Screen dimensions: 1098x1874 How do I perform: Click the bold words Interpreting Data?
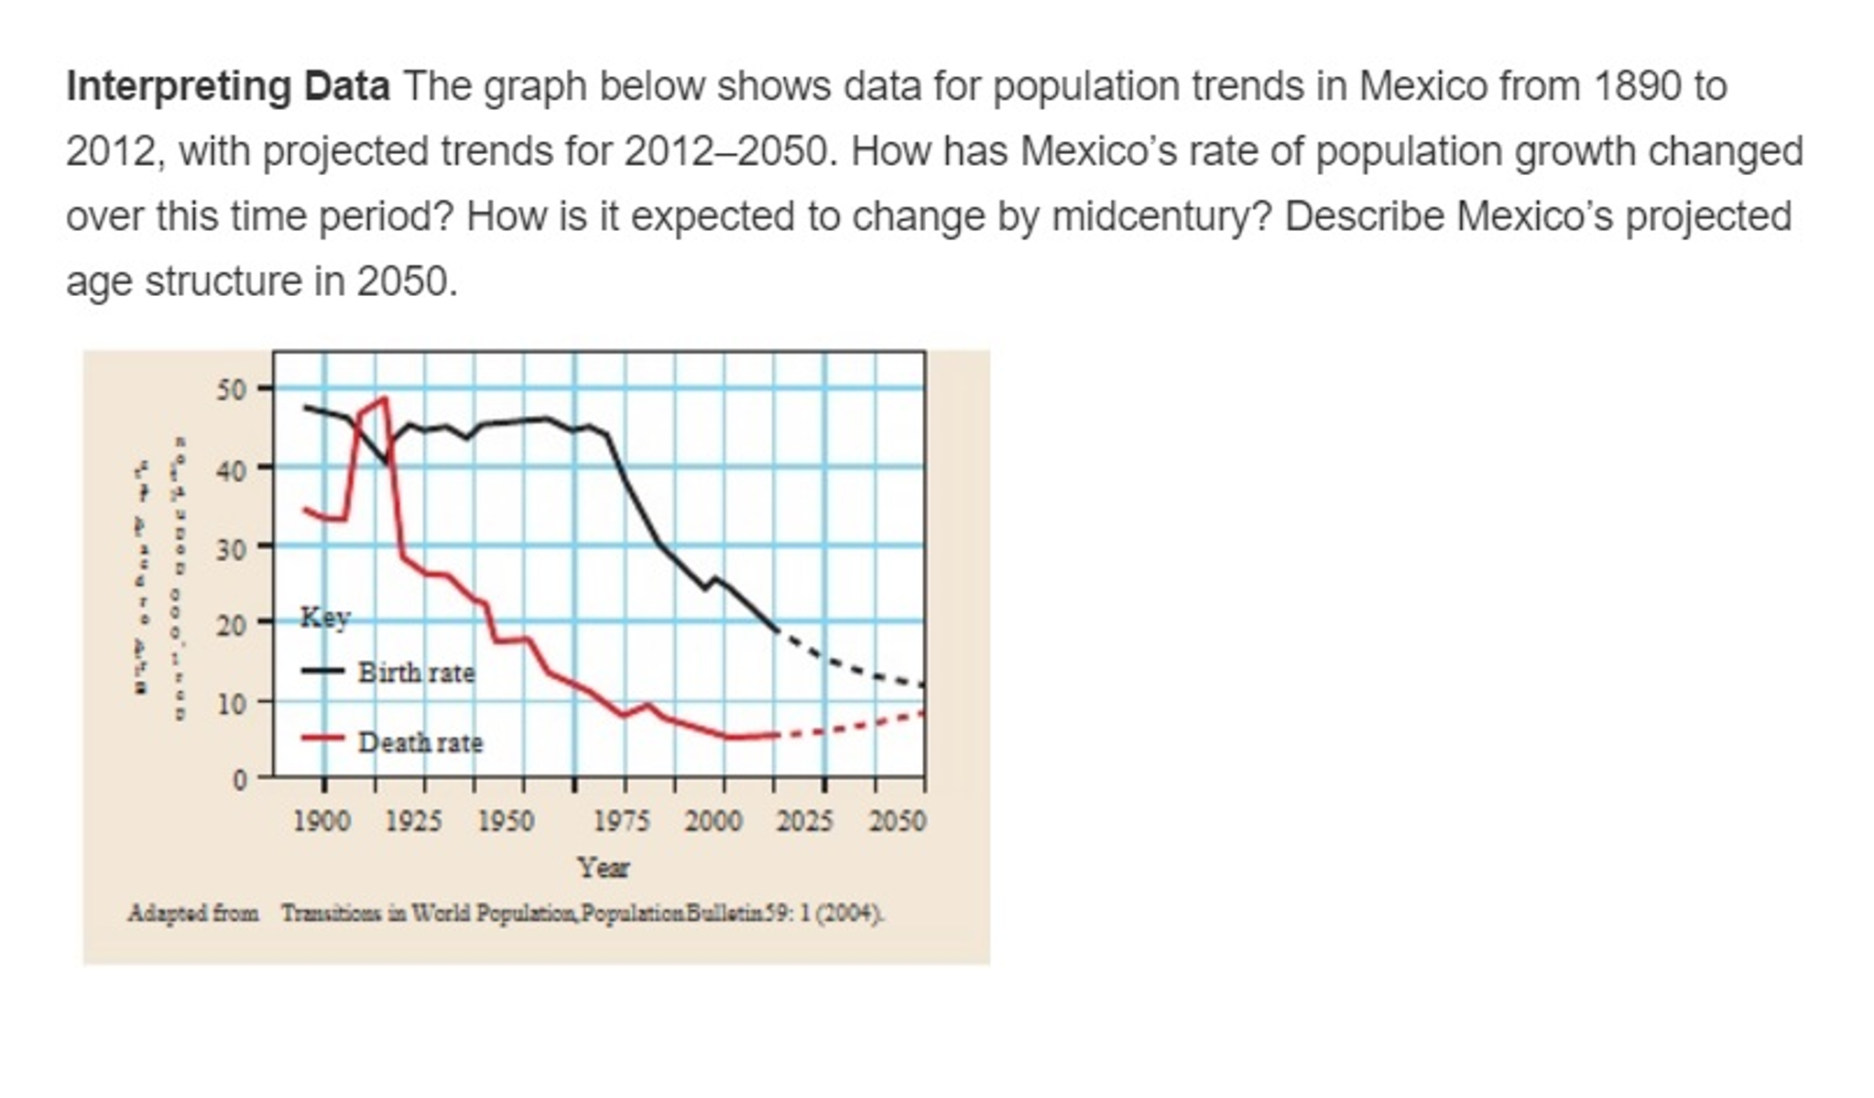(227, 87)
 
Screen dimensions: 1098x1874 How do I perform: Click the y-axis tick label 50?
(232, 390)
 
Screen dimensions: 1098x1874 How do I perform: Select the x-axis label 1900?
(321, 820)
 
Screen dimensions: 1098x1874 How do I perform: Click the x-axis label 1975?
(622, 820)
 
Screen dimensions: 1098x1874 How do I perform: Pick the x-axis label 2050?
(897, 820)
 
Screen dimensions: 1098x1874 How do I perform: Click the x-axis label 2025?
(804, 820)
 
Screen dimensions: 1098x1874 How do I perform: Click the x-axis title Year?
(603, 867)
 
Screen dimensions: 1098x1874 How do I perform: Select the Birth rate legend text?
(417, 673)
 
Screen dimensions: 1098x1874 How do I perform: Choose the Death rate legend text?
(420, 742)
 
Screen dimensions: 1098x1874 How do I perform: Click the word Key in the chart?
(325, 618)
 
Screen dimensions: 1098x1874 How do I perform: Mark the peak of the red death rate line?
(384, 399)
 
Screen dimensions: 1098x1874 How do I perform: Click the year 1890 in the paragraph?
(1637, 87)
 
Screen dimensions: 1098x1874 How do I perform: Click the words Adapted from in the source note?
(193, 914)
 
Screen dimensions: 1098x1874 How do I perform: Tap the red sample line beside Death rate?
(322, 738)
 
